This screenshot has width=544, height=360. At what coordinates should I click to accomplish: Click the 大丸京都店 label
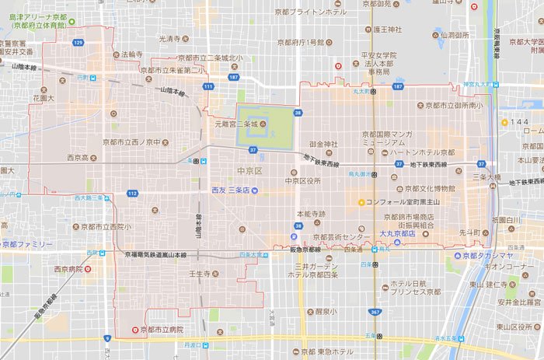397,233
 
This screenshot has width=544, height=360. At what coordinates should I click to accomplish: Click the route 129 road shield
78,42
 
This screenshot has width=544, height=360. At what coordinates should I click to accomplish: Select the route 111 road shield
207,86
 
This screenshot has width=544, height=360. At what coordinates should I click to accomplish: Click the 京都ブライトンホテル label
316,12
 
